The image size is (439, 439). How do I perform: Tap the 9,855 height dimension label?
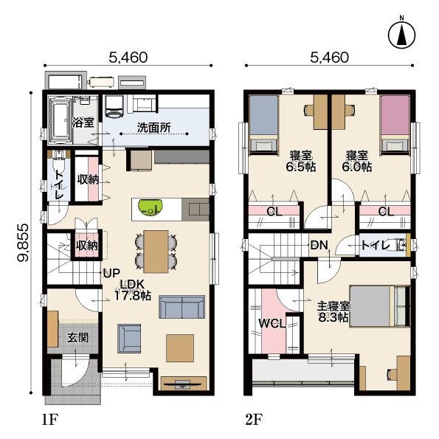(x=23, y=243)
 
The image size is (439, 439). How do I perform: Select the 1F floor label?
(x=50, y=420)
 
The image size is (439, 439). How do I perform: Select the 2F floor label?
(x=254, y=420)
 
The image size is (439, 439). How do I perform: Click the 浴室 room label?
(x=83, y=122)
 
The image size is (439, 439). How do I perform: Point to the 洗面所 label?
(x=154, y=128)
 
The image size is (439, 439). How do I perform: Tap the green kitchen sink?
(x=151, y=207)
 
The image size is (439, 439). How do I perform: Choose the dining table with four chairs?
(x=156, y=252)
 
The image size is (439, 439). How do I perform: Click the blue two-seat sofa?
(x=182, y=307)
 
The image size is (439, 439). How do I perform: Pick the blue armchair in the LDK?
(x=129, y=339)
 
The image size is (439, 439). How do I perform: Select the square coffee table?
(x=180, y=348)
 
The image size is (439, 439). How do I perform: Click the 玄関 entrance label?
(x=77, y=338)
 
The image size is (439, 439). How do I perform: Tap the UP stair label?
(x=111, y=273)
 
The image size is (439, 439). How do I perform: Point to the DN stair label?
(x=319, y=245)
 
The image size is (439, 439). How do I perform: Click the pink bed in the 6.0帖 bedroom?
(x=395, y=125)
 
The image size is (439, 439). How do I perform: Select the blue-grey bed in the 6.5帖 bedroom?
(x=263, y=125)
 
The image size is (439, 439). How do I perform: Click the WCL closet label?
(x=272, y=324)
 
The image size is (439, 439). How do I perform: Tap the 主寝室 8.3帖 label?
(x=333, y=312)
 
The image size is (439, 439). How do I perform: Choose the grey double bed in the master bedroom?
(x=380, y=306)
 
